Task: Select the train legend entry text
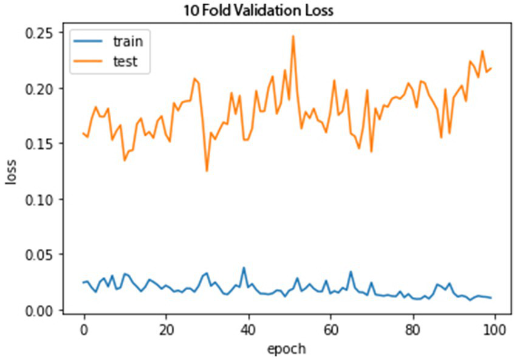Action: click(127, 41)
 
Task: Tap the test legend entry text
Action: click(125, 61)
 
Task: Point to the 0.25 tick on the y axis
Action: click(44, 32)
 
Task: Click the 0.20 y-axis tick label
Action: click(44, 88)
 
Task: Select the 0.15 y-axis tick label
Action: click(44, 143)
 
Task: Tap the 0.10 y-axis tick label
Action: click(44, 199)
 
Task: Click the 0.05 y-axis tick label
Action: click(44, 254)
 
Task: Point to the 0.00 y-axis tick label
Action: click(44, 310)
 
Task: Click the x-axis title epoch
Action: click(288, 348)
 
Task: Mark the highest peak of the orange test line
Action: click(293, 36)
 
